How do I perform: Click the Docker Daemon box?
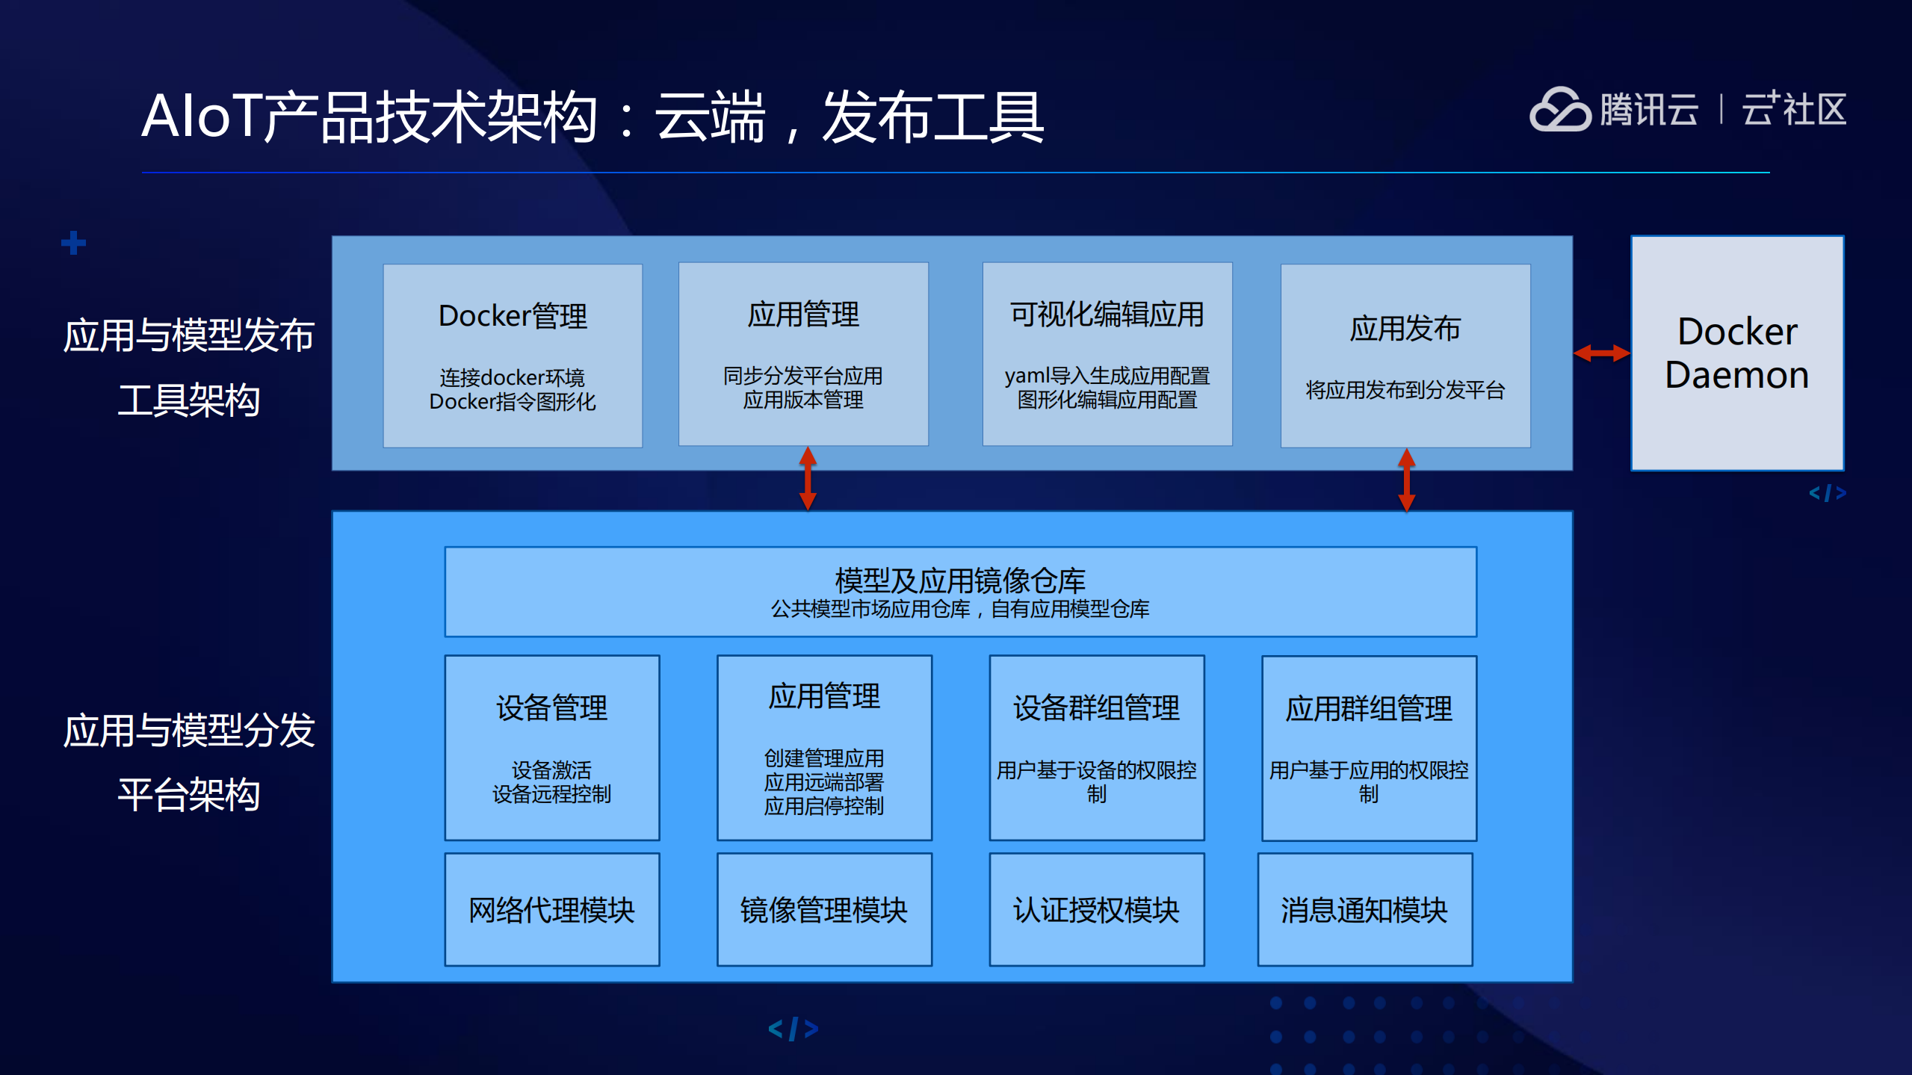1736,353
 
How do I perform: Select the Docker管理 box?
513,356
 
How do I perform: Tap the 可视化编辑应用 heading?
1107,315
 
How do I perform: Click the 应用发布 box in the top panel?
1405,356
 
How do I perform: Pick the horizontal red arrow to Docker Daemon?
1601,353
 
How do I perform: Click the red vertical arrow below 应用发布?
1406,480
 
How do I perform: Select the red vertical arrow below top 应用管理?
808,478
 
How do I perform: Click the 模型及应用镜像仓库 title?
960,580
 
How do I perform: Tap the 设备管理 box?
551,747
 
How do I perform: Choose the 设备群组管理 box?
1096,747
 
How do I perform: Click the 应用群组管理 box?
1368,748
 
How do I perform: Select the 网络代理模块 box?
551,909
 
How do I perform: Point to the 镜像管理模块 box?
823,909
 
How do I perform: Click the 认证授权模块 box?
1096,909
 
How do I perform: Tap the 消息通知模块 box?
1364,909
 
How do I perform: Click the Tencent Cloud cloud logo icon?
1560,110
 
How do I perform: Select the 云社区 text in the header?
1794,110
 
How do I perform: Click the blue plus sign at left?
73,243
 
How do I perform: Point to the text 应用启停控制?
823,806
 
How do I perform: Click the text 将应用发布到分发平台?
1405,390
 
